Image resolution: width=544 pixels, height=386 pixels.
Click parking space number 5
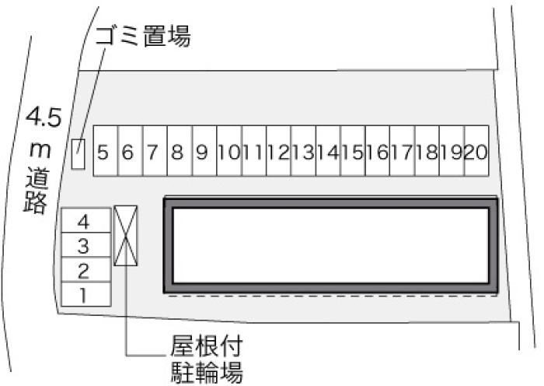click(x=106, y=151)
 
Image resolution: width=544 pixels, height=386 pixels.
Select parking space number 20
click(x=476, y=151)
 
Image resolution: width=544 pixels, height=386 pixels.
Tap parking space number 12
click(x=278, y=151)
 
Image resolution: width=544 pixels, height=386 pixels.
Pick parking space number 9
click(x=204, y=151)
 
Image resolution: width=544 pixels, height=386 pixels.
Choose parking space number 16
click(x=378, y=151)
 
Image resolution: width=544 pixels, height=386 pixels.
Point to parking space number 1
click(x=86, y=294)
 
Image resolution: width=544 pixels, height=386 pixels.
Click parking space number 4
click(x=86, y=220)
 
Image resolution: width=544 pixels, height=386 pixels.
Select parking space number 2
click(x=86, y=269)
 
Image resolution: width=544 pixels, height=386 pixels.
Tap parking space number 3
click(x=86, y=245)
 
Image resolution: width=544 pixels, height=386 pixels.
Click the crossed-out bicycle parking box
click(x=126, y=236)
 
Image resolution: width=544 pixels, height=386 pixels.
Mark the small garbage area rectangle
click(x=78, y=154)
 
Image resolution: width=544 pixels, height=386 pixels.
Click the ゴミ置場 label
click(x=143, y=36)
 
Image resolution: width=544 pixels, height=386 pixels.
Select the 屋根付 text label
click(x=206, y=346)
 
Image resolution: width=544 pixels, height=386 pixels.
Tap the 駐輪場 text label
click(x=207, y=372)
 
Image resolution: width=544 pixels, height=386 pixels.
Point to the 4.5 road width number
click(x=44, y=117)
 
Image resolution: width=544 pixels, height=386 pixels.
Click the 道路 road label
click(x=36, y=190)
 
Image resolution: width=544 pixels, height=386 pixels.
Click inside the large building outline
click(x=330, y=245)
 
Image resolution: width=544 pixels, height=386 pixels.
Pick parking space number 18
click(x=427, y=151)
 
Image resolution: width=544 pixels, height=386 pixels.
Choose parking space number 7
click(x=155, y=151)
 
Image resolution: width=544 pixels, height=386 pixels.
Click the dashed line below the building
click(x=333, y=296)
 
